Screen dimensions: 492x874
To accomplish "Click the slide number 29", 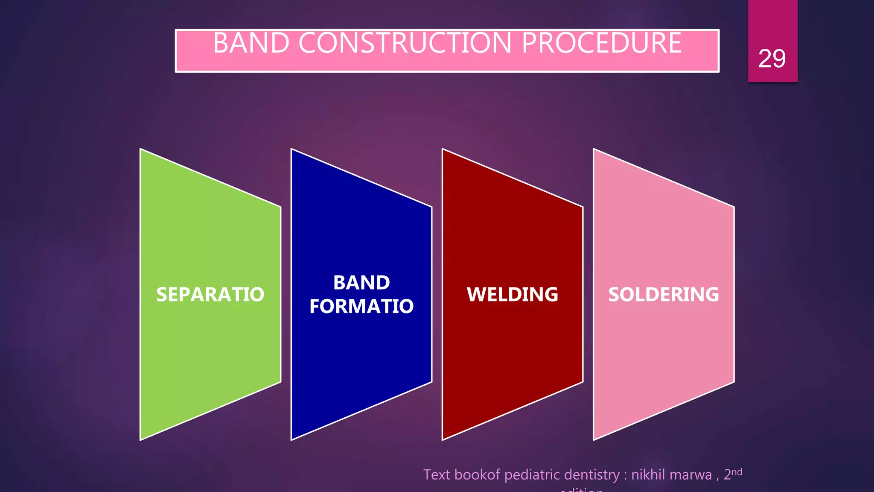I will coord(772,59).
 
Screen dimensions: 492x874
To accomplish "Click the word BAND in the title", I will coord(251,43).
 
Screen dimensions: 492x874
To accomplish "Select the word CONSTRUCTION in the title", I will coord(405,43).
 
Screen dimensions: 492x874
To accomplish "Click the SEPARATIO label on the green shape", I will coord(210,294).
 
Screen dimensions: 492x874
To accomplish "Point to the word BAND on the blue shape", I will coord(361,283).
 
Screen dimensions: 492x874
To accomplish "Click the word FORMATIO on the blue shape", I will coord(361,306).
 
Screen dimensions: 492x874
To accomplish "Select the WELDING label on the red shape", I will coord(512,294).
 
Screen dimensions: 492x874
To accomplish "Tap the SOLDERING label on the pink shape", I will coord(663,294).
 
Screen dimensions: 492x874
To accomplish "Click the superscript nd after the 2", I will coord(737,471).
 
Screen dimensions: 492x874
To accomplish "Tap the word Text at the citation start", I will coord(437,475).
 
